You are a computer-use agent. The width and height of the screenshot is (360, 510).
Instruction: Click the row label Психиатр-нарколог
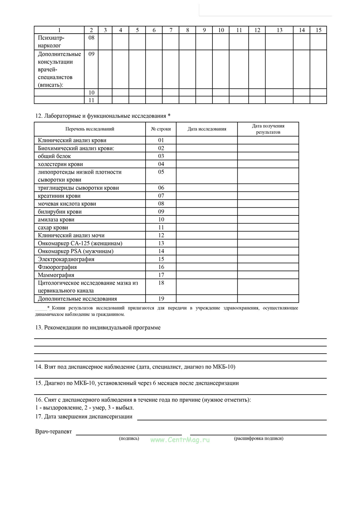click(51, 42)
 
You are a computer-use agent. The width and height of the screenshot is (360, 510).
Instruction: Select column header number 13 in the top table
click(279, 30)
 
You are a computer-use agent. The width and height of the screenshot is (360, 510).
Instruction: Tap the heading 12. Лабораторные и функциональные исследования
click(103, 116)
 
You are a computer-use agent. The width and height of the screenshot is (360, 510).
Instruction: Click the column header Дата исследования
click(207, 129)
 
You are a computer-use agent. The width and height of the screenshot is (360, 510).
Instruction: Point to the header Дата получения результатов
click(268, 129)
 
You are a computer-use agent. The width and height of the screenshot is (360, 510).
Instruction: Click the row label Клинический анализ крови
click(72, 140)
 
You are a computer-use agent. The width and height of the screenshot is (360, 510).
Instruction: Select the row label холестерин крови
click(60, 164)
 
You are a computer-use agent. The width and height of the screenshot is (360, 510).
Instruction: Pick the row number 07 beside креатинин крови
click(161, 196)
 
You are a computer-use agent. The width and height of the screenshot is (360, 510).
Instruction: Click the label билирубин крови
click(60, 212)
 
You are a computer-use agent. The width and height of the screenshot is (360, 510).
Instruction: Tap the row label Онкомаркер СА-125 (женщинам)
click(80, 243)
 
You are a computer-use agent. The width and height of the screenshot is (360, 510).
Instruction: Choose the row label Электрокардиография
click(66, 259)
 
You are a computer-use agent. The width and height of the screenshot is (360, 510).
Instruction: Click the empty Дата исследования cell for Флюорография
click(207, 267)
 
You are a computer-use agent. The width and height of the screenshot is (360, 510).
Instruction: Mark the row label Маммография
click(56, 275)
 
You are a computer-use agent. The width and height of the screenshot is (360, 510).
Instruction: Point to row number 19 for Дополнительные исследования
click(161, 299)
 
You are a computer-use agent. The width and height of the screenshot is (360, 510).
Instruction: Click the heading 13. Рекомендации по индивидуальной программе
click(98, 328)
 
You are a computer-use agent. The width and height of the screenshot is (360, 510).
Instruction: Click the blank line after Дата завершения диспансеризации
click(232, 417)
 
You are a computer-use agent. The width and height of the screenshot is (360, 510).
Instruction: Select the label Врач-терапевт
click(54, 431)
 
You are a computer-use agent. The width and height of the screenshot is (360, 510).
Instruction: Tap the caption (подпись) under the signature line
click(129, 438)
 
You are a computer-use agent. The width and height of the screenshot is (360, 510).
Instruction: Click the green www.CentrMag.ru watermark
click(180, 440)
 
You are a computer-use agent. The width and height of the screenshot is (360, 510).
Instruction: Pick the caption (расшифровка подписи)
click(259, 438)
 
